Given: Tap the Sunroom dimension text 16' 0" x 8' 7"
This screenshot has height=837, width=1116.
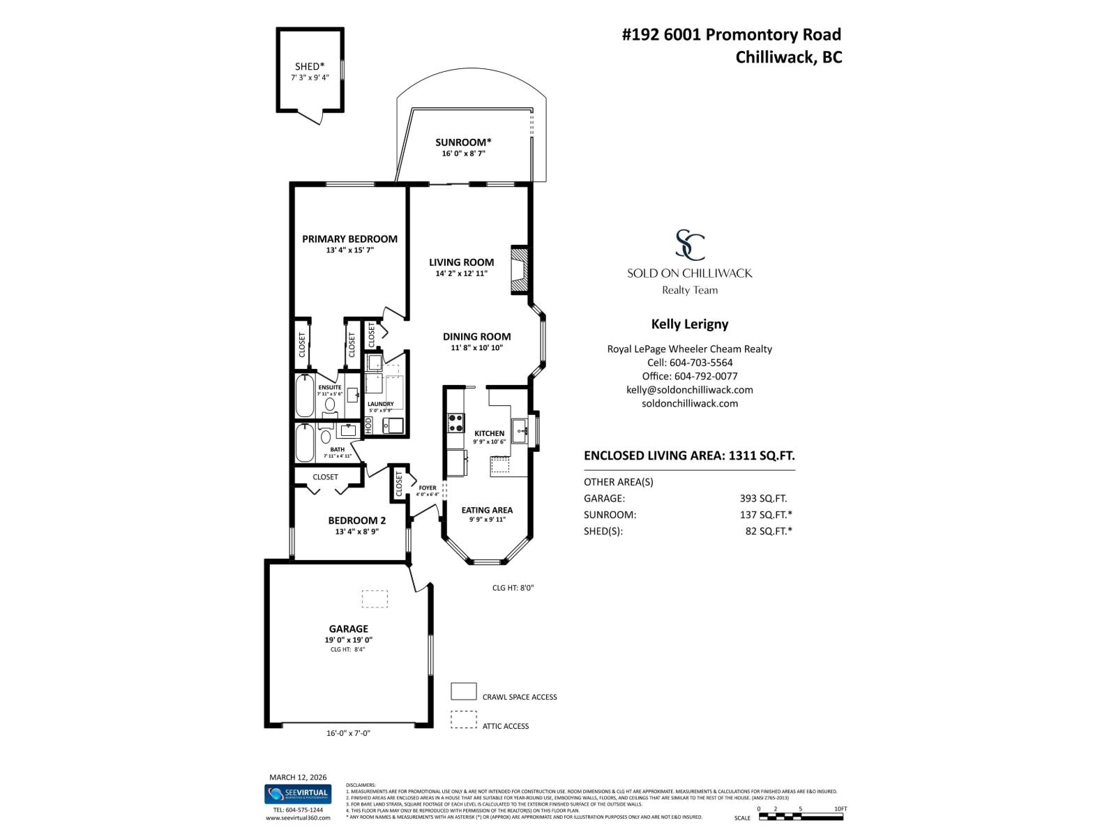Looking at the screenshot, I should coord(463,153).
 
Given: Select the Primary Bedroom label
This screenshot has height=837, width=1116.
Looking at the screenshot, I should coord(349,239).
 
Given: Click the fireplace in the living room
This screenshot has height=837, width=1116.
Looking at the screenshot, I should coord(519,269).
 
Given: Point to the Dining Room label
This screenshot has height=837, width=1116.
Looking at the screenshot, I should coord(476,336).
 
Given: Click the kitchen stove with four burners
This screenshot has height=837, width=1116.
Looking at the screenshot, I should coord(455,423).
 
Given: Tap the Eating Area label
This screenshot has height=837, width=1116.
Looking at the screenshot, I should coord(487,510).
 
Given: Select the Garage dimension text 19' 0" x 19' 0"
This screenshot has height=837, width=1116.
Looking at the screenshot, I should coord(348,640).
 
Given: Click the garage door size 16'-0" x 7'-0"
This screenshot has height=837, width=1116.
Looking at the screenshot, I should coord(347,733).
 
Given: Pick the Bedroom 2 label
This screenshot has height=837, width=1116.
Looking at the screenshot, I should coord(356,520).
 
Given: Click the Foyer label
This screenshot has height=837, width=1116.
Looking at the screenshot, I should coord(427,488).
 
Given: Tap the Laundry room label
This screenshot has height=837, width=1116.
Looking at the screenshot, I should coord(380,404).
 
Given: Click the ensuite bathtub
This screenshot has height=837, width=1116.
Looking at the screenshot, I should coord(305,396).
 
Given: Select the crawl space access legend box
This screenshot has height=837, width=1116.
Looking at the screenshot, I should coord(463,691).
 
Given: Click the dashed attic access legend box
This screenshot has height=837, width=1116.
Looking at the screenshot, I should coord(463,720).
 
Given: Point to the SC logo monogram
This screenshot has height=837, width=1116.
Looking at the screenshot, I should coord(689,245).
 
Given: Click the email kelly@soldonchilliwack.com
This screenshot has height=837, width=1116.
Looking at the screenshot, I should coord(689,390).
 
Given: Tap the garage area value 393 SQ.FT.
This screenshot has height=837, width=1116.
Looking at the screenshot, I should coord(763,499).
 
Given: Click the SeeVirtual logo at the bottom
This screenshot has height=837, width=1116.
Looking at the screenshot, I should coord(298,794).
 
